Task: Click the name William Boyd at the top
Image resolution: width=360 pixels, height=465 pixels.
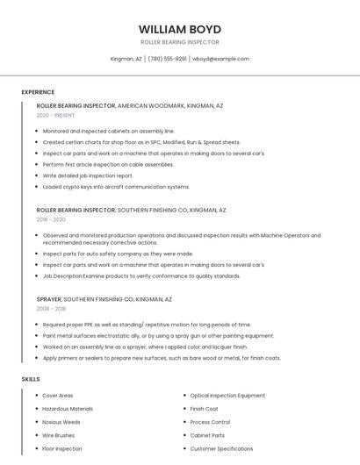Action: pos(179,29)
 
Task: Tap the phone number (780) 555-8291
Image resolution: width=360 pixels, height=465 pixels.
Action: pos(167,59)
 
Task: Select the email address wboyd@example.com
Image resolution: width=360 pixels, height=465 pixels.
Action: pos(220,59)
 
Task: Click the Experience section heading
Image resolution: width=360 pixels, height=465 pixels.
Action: pos(38,92)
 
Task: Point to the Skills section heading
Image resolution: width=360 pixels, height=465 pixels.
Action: pos(31,379)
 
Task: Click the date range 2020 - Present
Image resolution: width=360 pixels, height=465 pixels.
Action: pos(55,115)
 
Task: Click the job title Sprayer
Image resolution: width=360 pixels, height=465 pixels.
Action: pos(49,299)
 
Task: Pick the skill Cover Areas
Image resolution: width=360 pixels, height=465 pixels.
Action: pos(58,396)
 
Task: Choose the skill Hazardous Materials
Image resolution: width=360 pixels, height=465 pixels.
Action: pos(68,409)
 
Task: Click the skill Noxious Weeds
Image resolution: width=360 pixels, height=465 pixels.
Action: pos(61,422)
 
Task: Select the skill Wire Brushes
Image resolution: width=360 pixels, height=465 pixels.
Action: pos(59,435)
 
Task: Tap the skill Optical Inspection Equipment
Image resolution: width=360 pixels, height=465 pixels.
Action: pos(227,396)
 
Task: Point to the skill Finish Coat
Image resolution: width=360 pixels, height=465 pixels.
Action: pos(204,409)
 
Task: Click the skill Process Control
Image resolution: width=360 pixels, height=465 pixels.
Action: pos(210,422)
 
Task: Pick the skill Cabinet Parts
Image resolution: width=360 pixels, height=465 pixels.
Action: pos(207,435)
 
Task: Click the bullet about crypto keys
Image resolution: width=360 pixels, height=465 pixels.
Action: pos(116,187)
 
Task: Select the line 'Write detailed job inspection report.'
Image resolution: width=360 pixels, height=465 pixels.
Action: pos(88,175)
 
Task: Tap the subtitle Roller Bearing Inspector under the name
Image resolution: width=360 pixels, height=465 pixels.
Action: pos(179,42)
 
